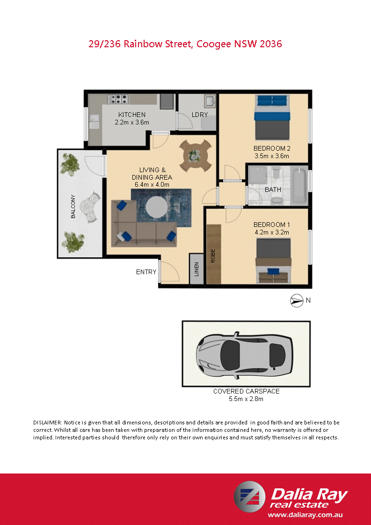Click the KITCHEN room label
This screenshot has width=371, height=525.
(131, 115)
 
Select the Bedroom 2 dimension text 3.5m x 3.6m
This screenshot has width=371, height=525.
(271, 156)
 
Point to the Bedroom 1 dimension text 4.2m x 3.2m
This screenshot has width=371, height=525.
(271, 232)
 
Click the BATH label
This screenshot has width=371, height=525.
(273, 190)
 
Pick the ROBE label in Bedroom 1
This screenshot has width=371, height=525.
(213, 255)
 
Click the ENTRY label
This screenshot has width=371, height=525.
(146, 272)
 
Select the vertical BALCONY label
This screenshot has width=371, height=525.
(73, 206)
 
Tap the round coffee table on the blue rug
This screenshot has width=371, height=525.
(156, 207)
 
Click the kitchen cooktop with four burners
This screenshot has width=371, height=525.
(119, 99)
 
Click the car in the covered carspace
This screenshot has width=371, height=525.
(245, 353)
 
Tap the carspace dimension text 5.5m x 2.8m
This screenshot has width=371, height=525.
(246, 399)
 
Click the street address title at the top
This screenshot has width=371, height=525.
(185, 44)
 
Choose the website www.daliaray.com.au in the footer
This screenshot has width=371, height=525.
(306, 514)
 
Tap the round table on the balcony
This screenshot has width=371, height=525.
(88, 206)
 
